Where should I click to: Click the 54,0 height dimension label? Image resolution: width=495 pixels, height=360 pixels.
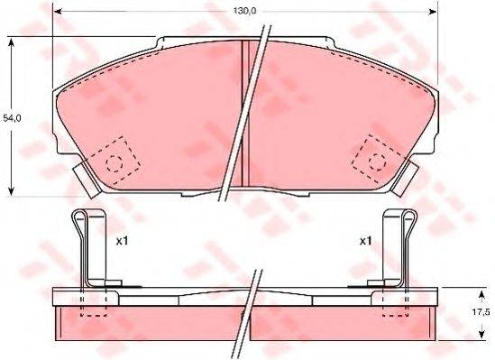click(10, 117)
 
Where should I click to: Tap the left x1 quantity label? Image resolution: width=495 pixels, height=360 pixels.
click(123, 241)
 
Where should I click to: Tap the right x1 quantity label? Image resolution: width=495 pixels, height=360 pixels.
click(365, 241)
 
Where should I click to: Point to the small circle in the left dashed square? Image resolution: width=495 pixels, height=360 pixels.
click(115, 163)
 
